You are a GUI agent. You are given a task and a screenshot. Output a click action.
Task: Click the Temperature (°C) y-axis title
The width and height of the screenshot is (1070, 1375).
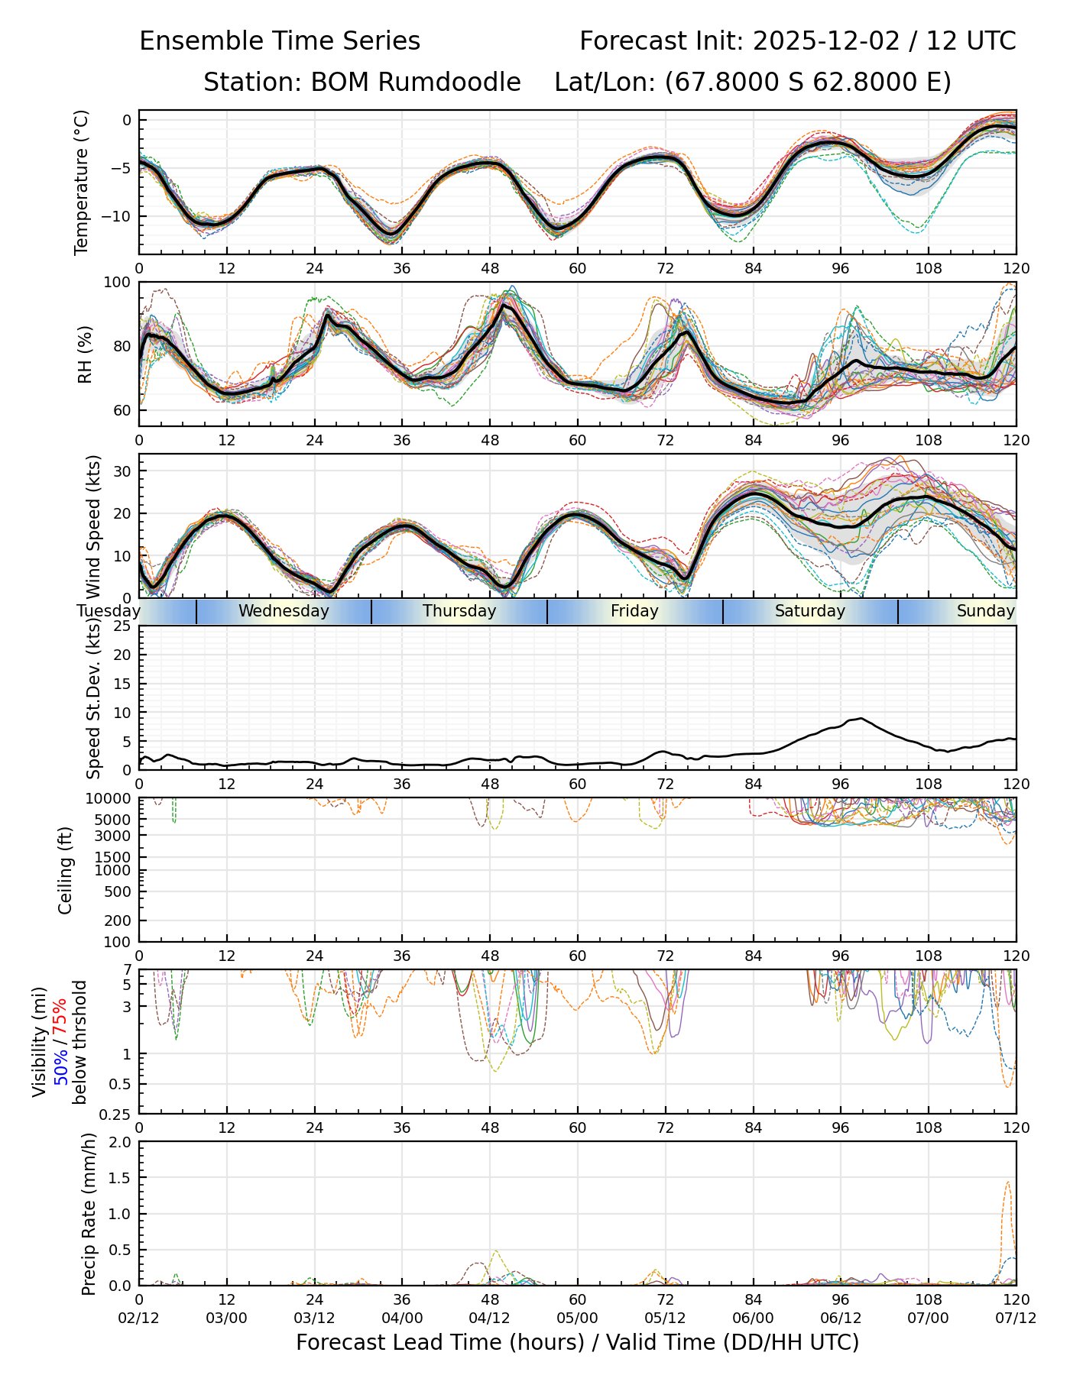coord(82,182)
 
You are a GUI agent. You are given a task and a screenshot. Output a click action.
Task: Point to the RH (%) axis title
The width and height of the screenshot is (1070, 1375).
coord(85,354)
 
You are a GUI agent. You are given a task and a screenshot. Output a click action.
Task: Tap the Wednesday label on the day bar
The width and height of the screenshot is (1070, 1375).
coord(284,611)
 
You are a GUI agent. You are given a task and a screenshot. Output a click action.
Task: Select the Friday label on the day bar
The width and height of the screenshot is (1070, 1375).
coord(634,611)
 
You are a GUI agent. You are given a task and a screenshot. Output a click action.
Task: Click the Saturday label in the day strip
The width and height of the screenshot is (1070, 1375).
coord(810,611)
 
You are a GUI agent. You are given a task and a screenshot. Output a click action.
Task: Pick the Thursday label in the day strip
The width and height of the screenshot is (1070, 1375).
coord(459,611)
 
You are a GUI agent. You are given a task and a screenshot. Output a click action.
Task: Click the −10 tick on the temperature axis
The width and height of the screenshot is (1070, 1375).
coord(116,216)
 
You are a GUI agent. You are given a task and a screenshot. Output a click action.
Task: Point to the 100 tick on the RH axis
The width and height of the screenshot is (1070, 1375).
coord(118,283)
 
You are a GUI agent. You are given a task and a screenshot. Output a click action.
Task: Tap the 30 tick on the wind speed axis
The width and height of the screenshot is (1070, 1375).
coord(122,471)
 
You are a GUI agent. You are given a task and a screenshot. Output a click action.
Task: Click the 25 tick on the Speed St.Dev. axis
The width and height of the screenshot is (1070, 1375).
coord(122,626)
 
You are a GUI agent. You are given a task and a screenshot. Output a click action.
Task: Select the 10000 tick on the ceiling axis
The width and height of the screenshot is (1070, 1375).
coord(109,799)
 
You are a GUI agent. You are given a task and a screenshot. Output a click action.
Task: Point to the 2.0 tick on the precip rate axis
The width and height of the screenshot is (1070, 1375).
coord(121,1143)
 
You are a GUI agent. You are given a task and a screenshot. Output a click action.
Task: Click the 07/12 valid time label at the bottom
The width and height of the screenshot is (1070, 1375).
coord(1016,1318)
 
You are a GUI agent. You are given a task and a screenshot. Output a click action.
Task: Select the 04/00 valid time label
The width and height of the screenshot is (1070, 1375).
coord(402,1318)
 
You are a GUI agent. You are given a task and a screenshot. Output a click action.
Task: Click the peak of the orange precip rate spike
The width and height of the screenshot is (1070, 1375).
coord(1008,1182)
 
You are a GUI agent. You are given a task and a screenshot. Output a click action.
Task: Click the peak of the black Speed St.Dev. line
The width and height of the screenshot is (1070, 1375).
coord(861,718)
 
